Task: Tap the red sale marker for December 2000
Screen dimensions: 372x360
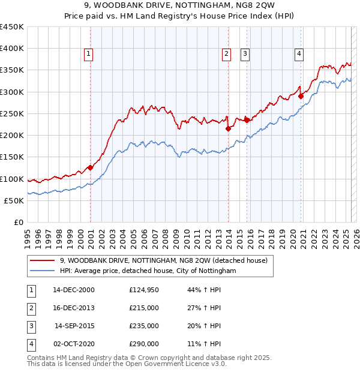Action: click(90, 168)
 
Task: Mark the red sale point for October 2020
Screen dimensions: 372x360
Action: click(301, 96)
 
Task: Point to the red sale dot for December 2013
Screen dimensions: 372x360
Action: click(229, 128)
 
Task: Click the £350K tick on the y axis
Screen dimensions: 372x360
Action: click(12, 70)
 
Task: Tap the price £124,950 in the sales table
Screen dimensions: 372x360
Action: click(144, 290)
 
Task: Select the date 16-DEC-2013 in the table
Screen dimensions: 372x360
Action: click(74, 308)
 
